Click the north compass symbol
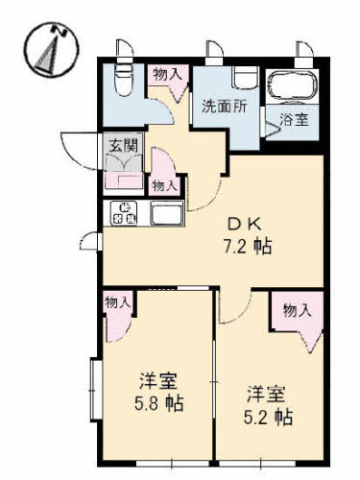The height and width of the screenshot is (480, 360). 52,50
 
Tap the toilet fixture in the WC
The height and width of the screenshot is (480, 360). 124,80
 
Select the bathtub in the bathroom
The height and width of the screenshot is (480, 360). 292,86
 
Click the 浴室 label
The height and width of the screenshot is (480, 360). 294,120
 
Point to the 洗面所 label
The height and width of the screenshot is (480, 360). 225,106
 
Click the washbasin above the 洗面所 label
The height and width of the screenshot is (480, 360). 245,78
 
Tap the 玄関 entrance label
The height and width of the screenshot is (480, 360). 124,145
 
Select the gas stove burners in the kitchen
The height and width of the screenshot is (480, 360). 124,213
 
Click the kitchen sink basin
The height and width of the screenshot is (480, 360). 166,214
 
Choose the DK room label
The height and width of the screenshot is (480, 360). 245,225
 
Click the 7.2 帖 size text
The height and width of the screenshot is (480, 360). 248,247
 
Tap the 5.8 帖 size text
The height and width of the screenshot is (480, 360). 159,403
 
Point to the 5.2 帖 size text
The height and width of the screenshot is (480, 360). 268,417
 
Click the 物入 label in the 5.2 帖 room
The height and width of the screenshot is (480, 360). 298,310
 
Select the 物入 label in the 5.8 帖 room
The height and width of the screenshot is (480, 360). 118,302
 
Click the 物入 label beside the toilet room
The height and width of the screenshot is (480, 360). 168,75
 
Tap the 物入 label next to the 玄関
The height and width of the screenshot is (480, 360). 165,185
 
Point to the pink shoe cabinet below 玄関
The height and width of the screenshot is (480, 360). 124,181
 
